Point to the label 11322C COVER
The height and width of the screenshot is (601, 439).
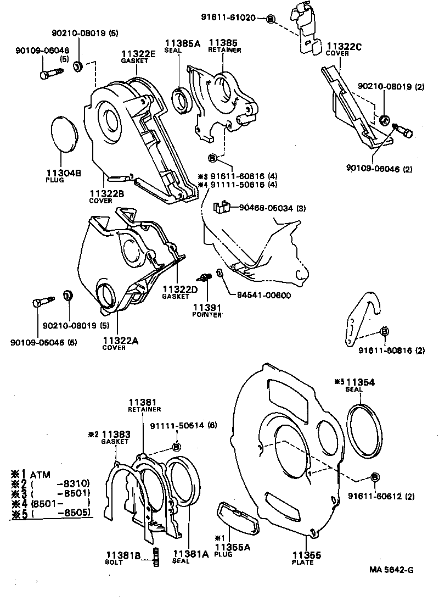pos(344,50)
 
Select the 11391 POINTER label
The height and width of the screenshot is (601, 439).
pos(207,310)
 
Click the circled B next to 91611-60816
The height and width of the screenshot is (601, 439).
pos(384,331)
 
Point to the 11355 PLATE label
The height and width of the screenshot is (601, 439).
pos(303,557)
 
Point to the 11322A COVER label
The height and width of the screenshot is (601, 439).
pos(120,343)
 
